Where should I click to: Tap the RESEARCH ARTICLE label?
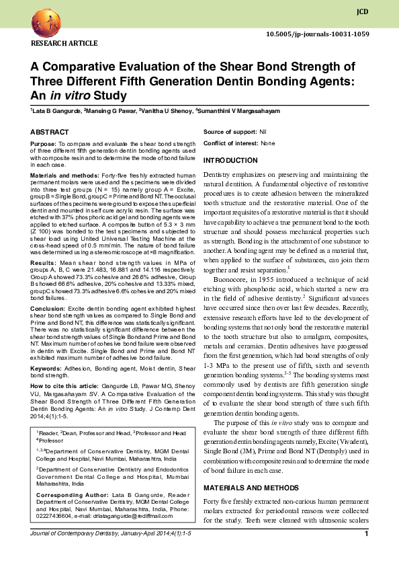pos(61,44)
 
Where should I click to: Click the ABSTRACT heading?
pos(50,132)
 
